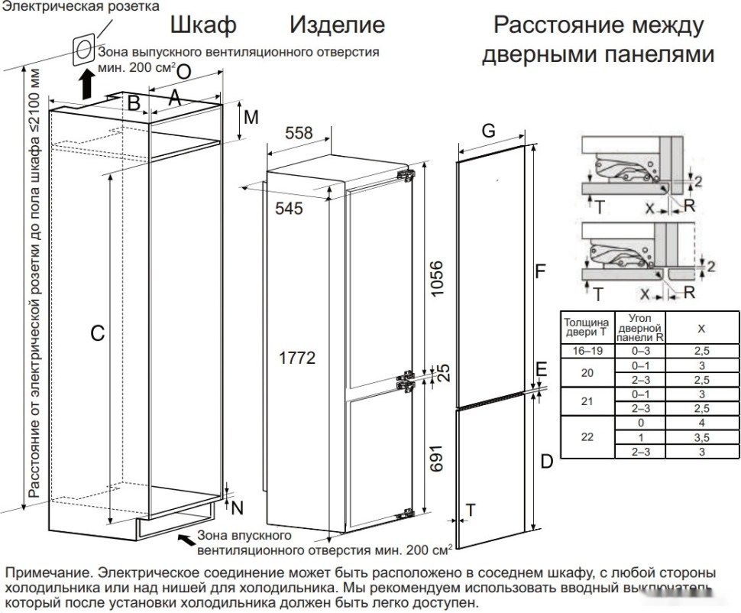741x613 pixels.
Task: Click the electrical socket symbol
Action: (x=83, y=50)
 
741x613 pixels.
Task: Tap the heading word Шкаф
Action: (x=202, y=24)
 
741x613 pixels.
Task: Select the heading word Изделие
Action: (x=336, y=24)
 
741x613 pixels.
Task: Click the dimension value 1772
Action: (x=296, y=358)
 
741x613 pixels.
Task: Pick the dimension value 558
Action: (x=299, y=133)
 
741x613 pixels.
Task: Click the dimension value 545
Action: (x=289, y=208)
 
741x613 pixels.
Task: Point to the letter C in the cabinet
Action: (x=97, y=333)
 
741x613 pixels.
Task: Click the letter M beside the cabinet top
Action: (x=251, y=118)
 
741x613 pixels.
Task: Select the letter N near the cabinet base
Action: (x=237, y=507)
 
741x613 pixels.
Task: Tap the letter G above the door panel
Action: (x=488, y=130)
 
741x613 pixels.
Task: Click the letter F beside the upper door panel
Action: (x=540, y=271)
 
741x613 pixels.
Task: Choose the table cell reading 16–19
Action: (x=586, y=351)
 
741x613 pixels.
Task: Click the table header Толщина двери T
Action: (x=586, y=328)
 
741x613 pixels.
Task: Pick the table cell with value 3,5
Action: (x=701, y=438)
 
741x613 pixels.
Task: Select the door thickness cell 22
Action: (x=586, y=438)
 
